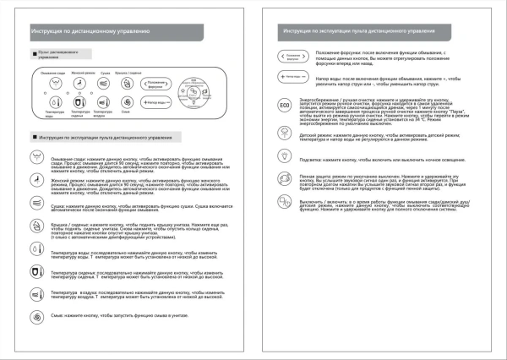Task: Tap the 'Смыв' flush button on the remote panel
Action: [x=126, y=102]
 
